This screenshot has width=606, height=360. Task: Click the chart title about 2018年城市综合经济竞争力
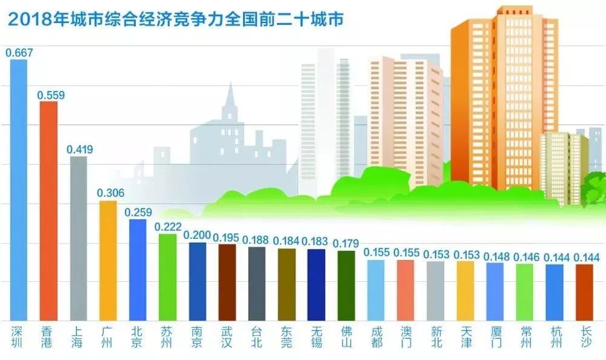(x=176, y=20)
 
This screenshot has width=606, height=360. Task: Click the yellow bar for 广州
(x=108, y=261)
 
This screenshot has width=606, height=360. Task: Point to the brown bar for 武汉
(x=227, y=282)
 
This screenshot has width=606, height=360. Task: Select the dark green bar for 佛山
(x=346, y=285)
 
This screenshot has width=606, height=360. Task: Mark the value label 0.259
(x=138, y=213)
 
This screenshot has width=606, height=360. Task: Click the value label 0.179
(x=346, y=244)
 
